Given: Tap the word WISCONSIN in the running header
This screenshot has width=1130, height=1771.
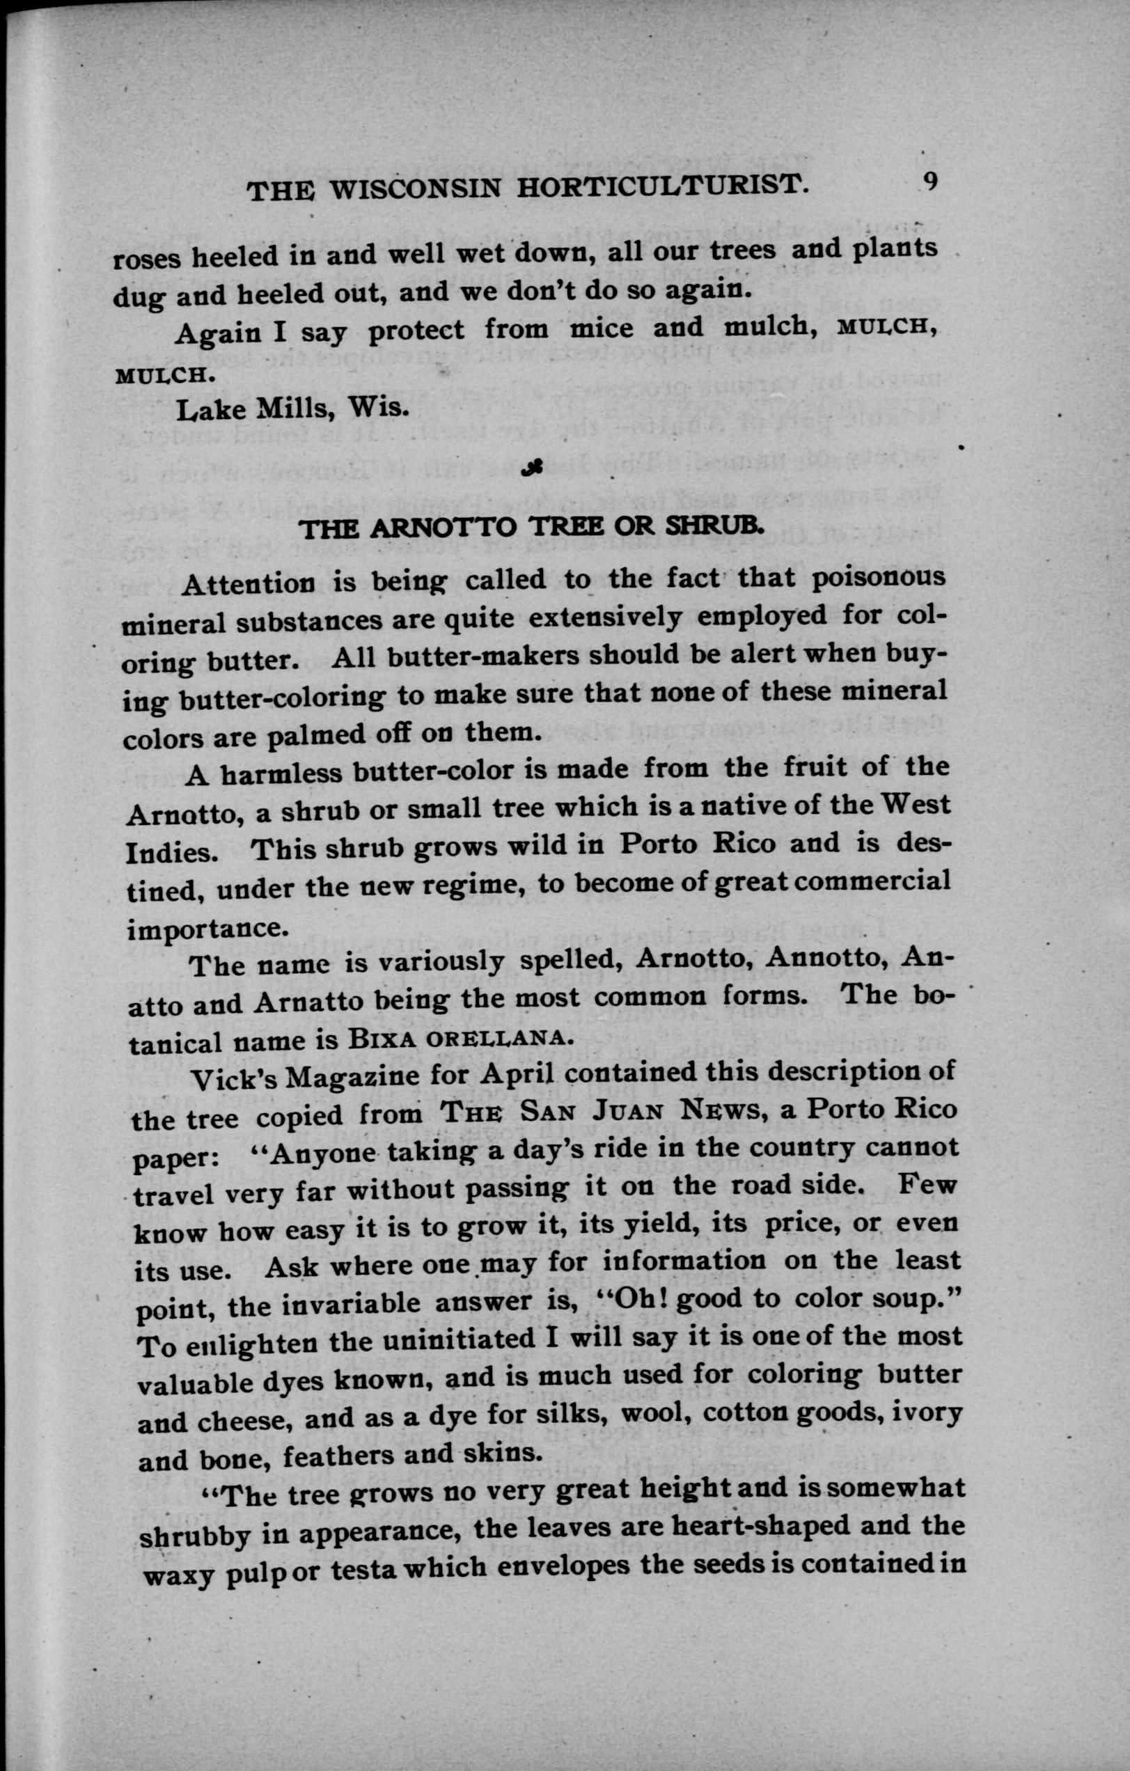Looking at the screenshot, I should pos(416,191).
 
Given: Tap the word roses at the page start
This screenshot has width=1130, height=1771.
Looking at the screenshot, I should pos(147,258).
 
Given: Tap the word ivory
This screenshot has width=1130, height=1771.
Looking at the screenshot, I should pos(932,1415).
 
